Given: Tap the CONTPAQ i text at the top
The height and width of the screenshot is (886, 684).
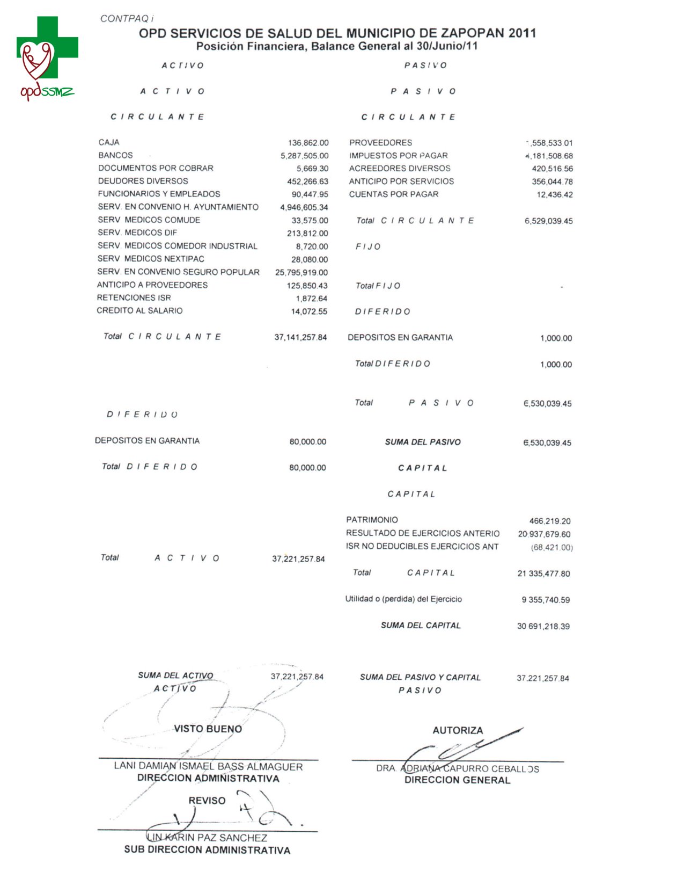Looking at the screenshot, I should coord(127,19).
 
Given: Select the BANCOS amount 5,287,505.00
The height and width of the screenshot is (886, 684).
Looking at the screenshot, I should coord(304,156).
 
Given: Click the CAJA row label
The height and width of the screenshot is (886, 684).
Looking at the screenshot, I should coord(109,142).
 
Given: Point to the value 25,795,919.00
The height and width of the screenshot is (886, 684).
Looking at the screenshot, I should coord(301,273).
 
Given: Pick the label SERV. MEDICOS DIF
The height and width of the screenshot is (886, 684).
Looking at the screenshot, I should coord(137,233).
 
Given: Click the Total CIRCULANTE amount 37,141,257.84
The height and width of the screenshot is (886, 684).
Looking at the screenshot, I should coord(300,337).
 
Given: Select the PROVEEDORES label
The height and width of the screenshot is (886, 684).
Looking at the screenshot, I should coord(380,142).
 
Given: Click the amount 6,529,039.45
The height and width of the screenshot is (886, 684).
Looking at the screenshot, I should coord(548,221).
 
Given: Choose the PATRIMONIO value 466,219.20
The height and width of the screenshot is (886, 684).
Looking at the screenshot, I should coord(550,521).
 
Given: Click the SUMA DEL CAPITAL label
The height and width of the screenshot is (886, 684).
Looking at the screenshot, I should coord(421,626).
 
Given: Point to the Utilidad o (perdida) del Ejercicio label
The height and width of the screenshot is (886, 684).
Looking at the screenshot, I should coord(403,599).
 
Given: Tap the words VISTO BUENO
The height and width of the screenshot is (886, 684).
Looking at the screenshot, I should coord(208,729).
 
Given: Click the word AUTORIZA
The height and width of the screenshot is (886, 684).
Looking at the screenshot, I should coord(458,730).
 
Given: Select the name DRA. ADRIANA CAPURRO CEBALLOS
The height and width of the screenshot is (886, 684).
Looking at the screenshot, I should coord(458,769).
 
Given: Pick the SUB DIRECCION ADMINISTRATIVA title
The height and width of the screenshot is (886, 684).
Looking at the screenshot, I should coord(207,850).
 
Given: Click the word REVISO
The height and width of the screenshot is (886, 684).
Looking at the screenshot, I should coord(207,801).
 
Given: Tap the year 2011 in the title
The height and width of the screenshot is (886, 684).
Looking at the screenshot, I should coord(522,33).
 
